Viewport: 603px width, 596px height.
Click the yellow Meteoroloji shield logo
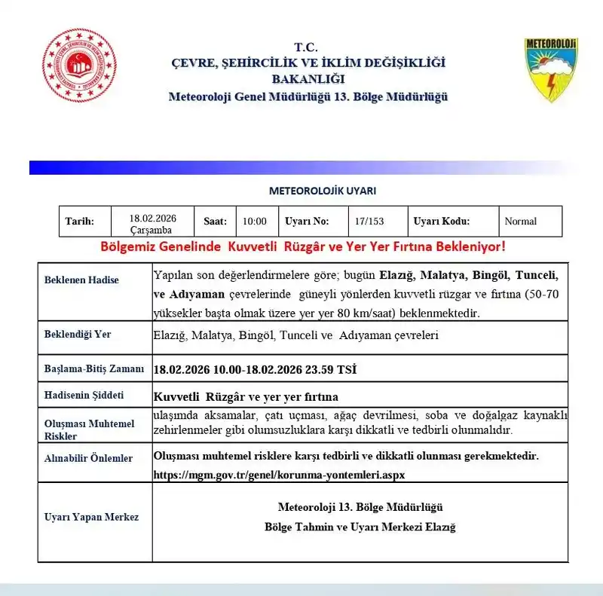tap(551, 69)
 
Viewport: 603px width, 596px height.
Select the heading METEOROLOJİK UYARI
tap(323, 191)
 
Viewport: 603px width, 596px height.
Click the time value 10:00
tap(255, 222)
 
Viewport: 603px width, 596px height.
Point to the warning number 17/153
tap(369, 222)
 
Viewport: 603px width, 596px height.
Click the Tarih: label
tap(79, 222)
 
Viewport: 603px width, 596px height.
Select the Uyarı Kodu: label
tap(442, 222)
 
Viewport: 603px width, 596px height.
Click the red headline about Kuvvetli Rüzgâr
tap(303, 247)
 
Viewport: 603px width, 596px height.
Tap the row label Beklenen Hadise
tap(81, 280)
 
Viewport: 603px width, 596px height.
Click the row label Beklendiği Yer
tap(78, 334)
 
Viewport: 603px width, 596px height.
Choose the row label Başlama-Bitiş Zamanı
tap(93, 369)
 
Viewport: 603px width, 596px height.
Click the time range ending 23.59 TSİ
tap(255, 369)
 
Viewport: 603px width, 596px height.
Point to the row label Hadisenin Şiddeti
tap(84, 395)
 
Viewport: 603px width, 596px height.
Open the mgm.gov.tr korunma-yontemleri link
tap(279, 475)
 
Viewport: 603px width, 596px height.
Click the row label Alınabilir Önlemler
tap(88, 458)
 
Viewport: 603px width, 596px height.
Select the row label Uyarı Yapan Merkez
tap(91, 517)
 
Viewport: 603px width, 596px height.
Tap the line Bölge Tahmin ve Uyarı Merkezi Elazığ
tap(360, 527)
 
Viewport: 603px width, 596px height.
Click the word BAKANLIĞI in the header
tap(307, 79)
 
